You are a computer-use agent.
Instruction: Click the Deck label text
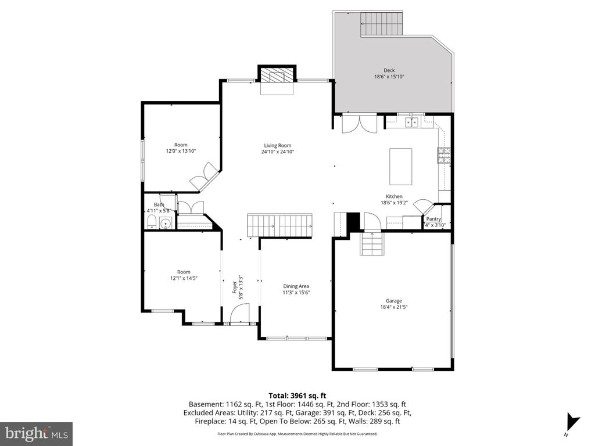coord(389,70)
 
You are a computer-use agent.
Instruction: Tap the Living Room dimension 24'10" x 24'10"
coord(277,152)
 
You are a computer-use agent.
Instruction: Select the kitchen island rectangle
coord(400,166)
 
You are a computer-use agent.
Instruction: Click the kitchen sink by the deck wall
coord(413,122)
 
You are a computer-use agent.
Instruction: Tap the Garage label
coord(393,301)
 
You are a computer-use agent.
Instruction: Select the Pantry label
coord(433,219)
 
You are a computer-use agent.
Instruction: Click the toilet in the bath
coord(152,223)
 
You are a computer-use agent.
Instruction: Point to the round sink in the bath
coord(166,224)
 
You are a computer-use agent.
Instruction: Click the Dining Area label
coord(296,286)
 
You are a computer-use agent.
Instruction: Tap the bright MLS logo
coord(36,433)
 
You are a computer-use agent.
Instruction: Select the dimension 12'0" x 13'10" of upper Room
coord(181,151)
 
